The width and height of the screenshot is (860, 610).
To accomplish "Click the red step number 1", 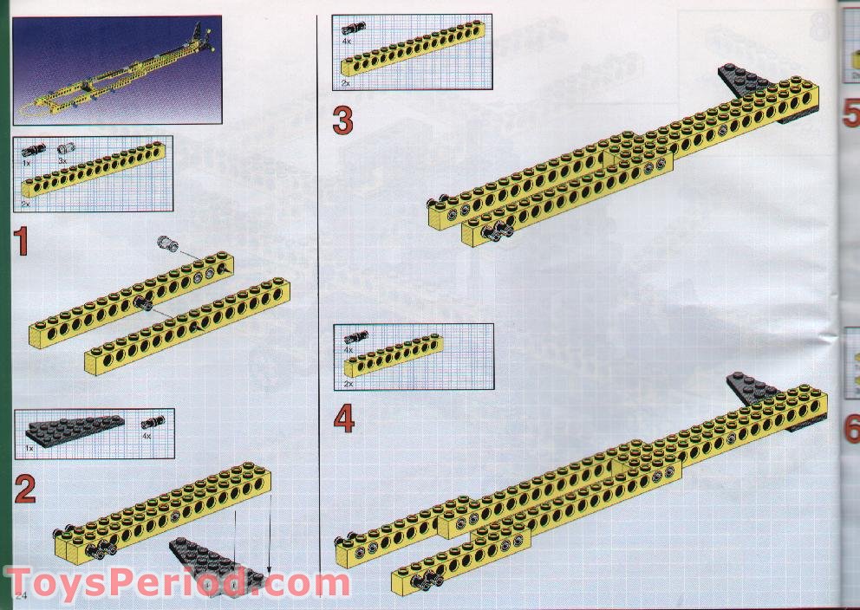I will [22, 242].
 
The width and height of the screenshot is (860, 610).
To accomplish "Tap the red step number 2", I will [25, 490].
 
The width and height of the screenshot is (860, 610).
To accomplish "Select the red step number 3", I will [343, 120].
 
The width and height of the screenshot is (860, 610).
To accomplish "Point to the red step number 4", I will [344, 419].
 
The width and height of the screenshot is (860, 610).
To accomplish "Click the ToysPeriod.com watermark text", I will [177, 583].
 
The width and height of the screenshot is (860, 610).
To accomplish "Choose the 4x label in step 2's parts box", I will [147, 437].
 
